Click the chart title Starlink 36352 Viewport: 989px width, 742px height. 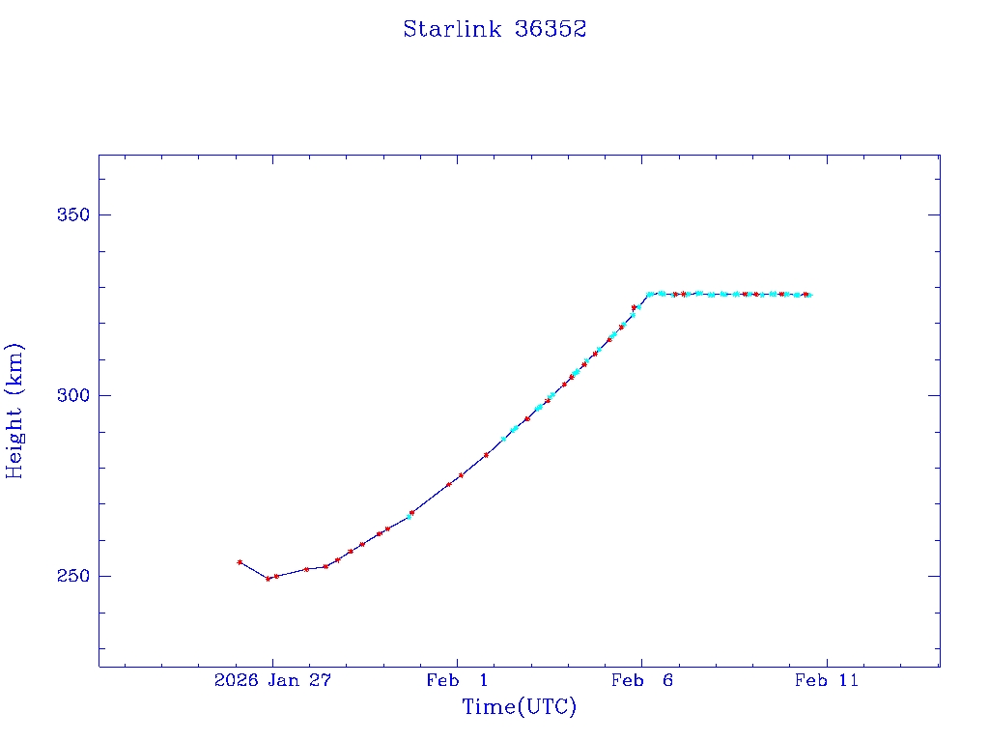pyautogui.click(x=494, y=29)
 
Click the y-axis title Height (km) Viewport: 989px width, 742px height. pyautogui.click(x=14, y=411)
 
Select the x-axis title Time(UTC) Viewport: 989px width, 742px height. pyautogui.click(x=519, y=707)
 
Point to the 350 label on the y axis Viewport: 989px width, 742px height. pyautogui.click(x=69, y=214)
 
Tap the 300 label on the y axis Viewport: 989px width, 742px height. pyautogui.click(x=69, y=395)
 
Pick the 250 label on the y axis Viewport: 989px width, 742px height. pyautogui.click(x=69, y=576)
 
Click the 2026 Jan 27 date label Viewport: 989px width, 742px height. pyautogui.click(x=272, y=681)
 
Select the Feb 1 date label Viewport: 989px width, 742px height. pyautogui.click(x=457, y=681)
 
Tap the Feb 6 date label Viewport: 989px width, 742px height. pyautogui.click(x=641, y=681)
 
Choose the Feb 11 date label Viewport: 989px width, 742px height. pyautogui.click(x=826, y=681)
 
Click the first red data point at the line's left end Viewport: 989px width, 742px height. pyautogui.click(x=240, y=561)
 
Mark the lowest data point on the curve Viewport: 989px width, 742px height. pyautogui.click(x=268, y=579)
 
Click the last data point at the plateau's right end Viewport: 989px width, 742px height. pyautogui.click(x=808, y=295)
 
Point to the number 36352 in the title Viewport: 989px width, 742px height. pyautogui.click(x=551, y=29)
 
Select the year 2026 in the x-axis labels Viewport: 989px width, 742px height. pyautogui.click(x=236, y=681)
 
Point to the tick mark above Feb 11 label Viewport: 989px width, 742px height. pyautogui.click(x=826, y=661)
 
